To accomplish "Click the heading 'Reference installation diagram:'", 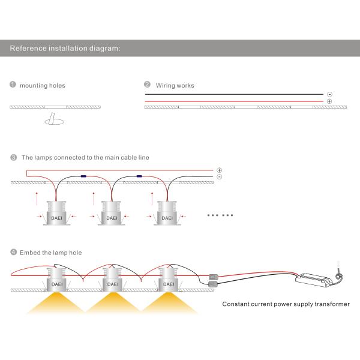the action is click(x=65, y=49).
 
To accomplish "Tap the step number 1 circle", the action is click(x=13, y=84).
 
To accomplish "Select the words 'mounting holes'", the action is click(x=43, y=86).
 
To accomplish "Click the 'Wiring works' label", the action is click(x=175, y=86).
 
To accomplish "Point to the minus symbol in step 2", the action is click(x=329, y=94).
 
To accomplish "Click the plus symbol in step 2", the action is click(x=329, y=101).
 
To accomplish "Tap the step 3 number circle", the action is click(x=14, y=157).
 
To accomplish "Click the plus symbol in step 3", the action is click(x=219, y=170).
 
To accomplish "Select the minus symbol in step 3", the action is click(x=219, y=177).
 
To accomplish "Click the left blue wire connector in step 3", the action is click(x=83, y=176).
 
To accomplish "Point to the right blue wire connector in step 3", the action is click(x=139, y=176).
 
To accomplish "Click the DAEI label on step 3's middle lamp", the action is click(x=112, y=218).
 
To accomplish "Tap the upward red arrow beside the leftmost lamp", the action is click(x=37, y=199).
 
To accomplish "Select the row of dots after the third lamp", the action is click(x=220, y=215).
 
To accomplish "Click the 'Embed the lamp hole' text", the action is click(x=51, y=253).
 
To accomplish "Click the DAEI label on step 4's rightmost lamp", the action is click(x=169, y=284).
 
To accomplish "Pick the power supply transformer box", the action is click(x=314, y=280).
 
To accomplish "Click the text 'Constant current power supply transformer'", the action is click(x=286, y=304).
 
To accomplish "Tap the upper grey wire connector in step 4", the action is click(x=213, y=277).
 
